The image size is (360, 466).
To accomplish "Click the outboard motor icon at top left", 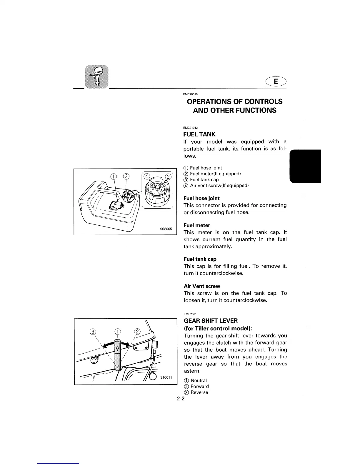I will click(x=96, y=76).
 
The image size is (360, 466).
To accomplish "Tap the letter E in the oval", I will click(x=276, y=81).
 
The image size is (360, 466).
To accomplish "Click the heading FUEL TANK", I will click(x=199, y=134).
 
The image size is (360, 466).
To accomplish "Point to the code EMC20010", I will click(x=190, y=94).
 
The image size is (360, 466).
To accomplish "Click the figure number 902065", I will click(x=166, y=229).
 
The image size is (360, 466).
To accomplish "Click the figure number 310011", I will click(x=166, y=377).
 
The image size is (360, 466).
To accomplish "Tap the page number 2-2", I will click(x=181, y=399).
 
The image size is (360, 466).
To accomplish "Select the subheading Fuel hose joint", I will click(x=201, y=198).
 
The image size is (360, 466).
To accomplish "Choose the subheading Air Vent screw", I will click(x=202, y=286).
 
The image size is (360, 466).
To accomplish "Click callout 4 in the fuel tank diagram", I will click(x=146, y=177).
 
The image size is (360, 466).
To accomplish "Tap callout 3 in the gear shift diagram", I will click(x=93, y=332).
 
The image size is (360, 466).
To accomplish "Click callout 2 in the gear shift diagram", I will click(x=137, y=332).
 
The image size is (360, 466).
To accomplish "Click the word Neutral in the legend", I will click(x=199, y=381).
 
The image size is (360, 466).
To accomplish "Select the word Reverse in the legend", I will click(x=199, y=392).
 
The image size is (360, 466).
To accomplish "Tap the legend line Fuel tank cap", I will click(x=204, y=180).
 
